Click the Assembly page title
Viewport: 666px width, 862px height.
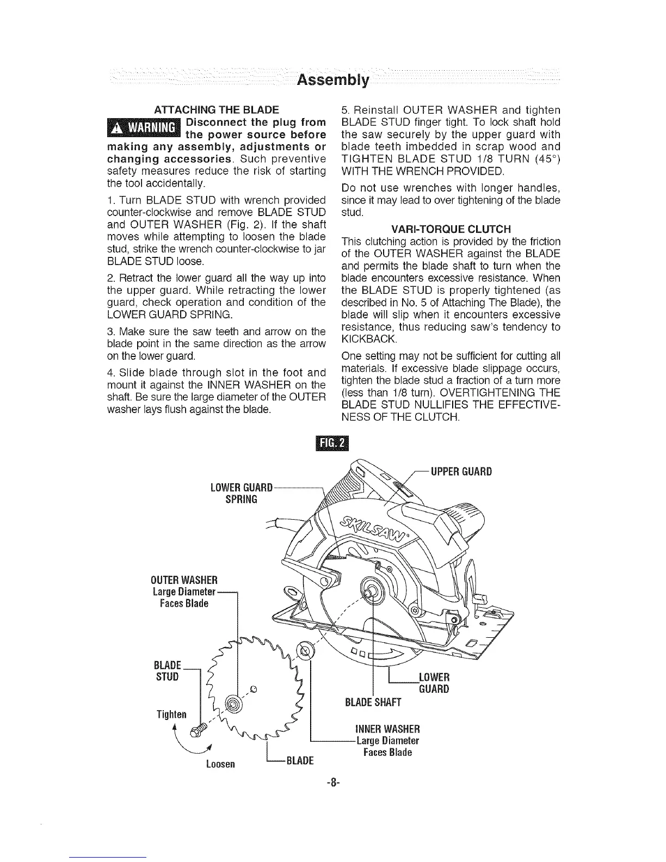[333, 81]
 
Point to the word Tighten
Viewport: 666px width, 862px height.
[171, 714]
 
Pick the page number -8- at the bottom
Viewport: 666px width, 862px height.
[332, 784]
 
